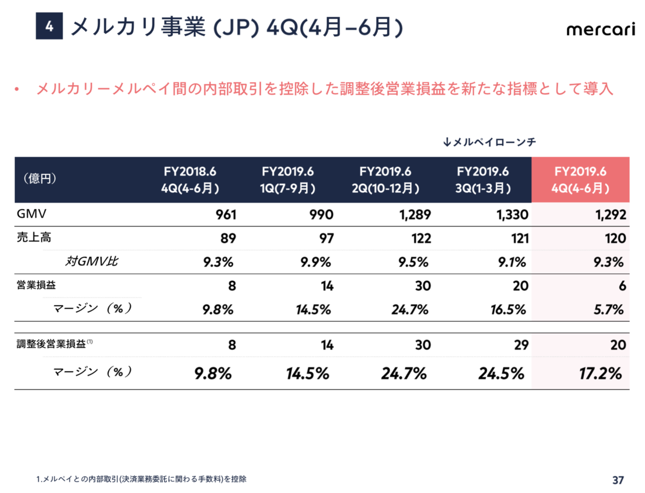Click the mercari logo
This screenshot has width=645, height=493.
601,29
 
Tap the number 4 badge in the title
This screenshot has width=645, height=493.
49,26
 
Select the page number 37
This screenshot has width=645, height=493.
618,480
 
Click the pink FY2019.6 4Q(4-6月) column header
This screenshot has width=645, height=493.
580,180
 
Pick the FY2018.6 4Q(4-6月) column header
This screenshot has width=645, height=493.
190,180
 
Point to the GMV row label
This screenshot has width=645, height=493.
32,214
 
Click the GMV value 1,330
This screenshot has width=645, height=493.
512,215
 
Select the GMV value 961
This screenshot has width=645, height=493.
226,215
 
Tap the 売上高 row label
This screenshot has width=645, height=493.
34,238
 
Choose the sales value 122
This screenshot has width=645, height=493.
421,239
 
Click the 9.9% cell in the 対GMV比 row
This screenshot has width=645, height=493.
315,262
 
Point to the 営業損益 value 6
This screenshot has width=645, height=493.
622,286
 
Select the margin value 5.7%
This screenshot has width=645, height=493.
609,310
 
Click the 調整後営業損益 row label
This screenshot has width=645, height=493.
51,344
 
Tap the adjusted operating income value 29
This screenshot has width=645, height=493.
521,345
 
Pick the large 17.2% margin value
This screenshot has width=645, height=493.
600,374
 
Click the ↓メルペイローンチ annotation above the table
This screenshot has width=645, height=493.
489,143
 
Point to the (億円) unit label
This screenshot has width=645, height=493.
40,179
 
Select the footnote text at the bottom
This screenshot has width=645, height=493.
142,479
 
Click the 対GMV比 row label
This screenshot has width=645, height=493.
91,261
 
